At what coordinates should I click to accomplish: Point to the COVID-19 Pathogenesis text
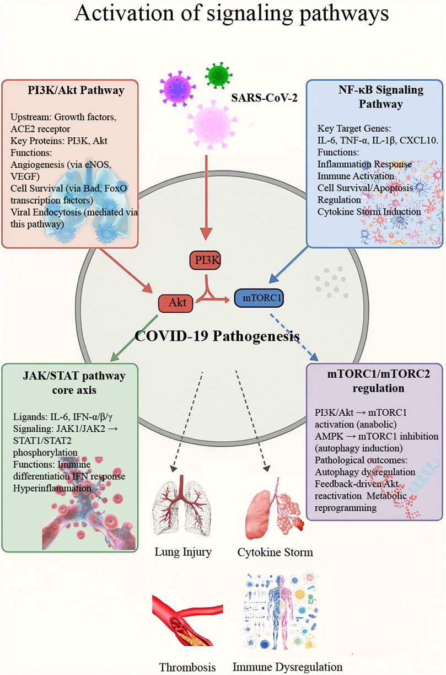[x=210, y=336]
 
